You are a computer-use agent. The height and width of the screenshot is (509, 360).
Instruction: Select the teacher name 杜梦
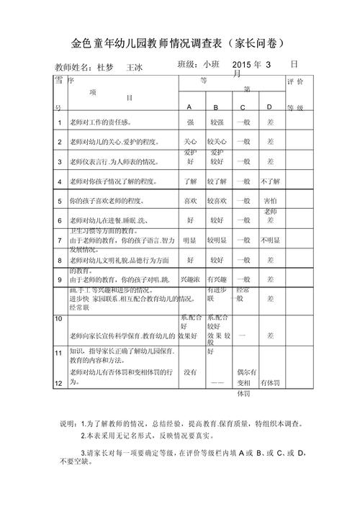point(104,68)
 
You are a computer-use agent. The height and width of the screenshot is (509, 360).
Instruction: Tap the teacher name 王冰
point(135,68)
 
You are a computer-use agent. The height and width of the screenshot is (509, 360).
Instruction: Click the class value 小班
point(215,66)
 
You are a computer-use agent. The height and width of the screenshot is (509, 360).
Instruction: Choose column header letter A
point(189,107)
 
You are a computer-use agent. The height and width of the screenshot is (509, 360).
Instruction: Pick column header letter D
point(269,107)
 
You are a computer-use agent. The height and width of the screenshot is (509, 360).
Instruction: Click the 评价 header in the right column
point(300,83)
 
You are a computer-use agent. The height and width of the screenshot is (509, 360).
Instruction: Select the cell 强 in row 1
point(190,122)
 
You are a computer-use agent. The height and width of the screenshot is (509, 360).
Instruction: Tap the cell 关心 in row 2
point(190,142)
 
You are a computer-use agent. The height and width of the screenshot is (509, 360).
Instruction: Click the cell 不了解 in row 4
point(270,181)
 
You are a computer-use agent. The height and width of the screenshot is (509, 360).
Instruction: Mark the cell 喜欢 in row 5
point(190,201)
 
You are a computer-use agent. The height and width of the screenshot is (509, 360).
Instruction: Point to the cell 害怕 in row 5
point(270,201)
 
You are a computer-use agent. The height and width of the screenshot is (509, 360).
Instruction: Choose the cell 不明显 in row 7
point(270,240)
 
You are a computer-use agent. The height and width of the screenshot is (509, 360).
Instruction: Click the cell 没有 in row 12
point(190,372)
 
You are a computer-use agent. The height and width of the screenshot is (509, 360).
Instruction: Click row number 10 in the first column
point(58,317)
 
